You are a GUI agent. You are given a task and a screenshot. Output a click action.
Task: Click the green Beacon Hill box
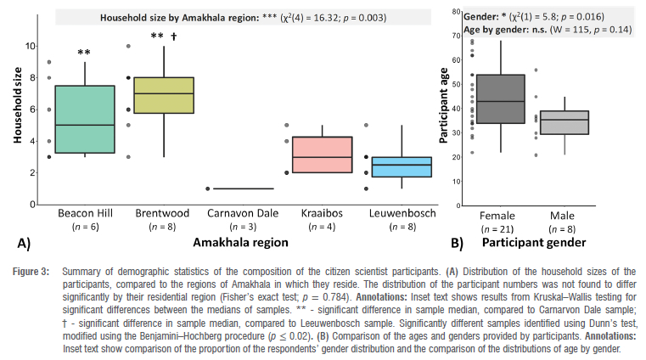(84, 119)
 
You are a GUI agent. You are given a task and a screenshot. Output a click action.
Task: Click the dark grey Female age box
(501, 99)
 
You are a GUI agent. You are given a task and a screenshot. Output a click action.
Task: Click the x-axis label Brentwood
(157, 214)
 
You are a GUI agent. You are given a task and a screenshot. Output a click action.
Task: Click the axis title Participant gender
(535, 243)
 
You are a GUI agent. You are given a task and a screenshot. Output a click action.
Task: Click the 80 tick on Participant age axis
(456, 12)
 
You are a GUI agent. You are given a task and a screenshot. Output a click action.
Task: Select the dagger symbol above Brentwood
(173, 37)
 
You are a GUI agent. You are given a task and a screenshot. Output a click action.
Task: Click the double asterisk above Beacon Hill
(84, 53)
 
